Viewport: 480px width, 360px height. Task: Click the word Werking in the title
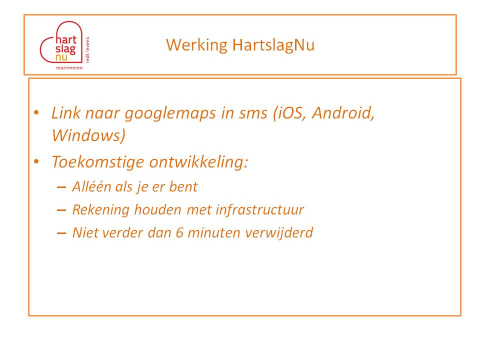pos(196,45)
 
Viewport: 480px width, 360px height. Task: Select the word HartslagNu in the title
pos(273,45)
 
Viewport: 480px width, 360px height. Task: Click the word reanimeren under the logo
pos(69,67)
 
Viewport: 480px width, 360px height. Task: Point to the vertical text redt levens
pos(87,49)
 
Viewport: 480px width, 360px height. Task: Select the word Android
pos(343,113)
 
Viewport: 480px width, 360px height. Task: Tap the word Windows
pos(87,135)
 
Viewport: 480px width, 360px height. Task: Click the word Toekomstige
pos(97,162)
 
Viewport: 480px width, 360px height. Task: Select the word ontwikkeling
pos(198,161)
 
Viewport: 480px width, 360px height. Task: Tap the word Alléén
pos(91,186)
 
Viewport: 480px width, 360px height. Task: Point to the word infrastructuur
pos(260,210)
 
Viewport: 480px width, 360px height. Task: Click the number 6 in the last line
pos(179,232)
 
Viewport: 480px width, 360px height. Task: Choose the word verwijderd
pos(279,232)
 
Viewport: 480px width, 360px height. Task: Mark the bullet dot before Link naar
pos(36,112)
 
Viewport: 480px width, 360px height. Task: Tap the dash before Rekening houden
pos(61,210)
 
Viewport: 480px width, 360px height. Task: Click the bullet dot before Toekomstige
pos(36,161)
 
